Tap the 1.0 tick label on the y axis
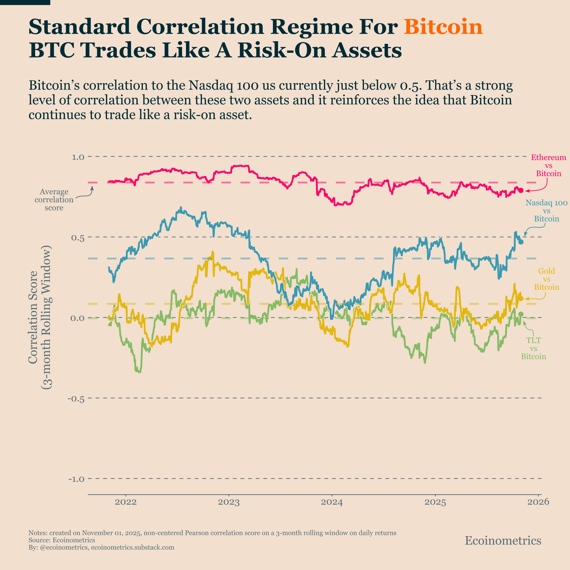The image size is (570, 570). [x=78, y=157]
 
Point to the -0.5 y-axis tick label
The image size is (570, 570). [x=76, y=399]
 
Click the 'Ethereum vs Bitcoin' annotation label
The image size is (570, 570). [x=548, y=166]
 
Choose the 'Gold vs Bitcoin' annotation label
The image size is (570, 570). [x=546, y=279]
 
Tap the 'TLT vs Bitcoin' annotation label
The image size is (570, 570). [x=533, y=348]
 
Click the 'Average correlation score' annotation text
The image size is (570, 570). [x=54, y=200]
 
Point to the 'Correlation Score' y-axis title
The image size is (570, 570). [x=33, y=317]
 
